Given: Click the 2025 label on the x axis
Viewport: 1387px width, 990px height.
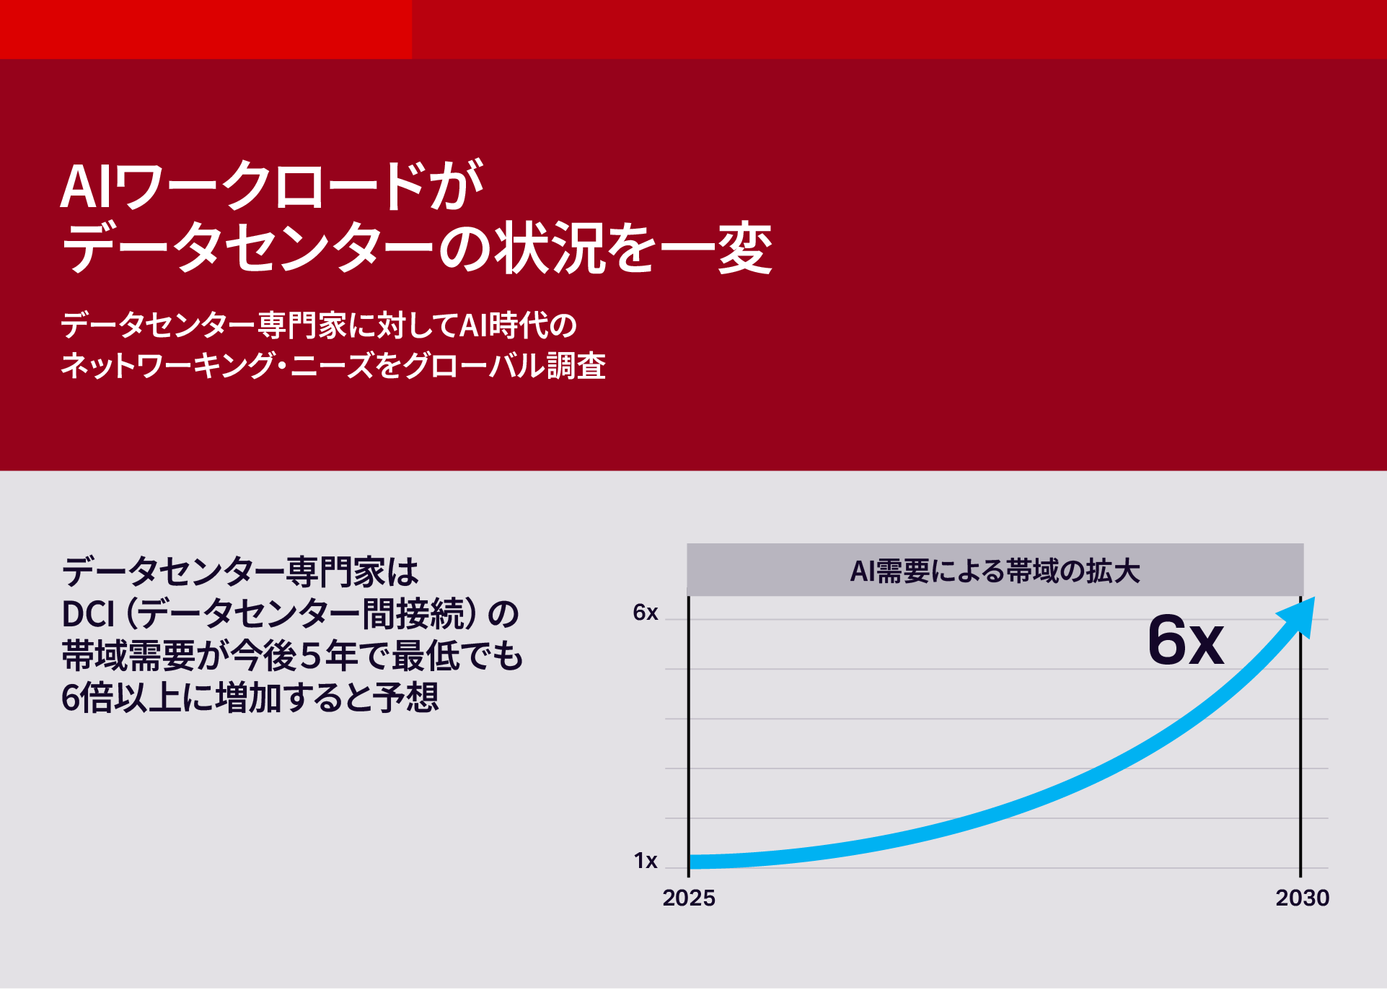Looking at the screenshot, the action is tap(689, 898).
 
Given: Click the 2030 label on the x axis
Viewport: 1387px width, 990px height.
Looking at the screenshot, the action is tap(1302, 898).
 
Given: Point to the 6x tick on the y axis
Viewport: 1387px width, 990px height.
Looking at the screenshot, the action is tap(645, 613).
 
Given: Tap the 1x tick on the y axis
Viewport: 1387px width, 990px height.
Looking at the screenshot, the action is tap(646, 861).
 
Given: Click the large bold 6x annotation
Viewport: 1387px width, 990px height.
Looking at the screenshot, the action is tap(1185, 640).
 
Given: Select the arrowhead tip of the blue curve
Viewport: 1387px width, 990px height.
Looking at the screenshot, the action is tap(1314, 597).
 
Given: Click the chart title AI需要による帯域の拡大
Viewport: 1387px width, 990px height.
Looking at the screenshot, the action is tap(995, 571).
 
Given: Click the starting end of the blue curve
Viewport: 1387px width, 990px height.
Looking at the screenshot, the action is tap(690, 862).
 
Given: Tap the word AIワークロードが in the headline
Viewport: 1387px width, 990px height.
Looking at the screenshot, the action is tap(271, 186).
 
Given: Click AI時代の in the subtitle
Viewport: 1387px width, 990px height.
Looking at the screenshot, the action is tap(519, 325).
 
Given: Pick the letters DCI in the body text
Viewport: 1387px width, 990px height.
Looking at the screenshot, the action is tap(88, 614).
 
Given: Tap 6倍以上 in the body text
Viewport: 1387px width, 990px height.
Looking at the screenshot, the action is tap(121, 698).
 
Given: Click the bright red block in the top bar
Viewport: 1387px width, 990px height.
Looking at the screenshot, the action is tap(206, 29).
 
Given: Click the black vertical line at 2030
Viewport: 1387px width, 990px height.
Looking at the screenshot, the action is tap(1300, 736).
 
